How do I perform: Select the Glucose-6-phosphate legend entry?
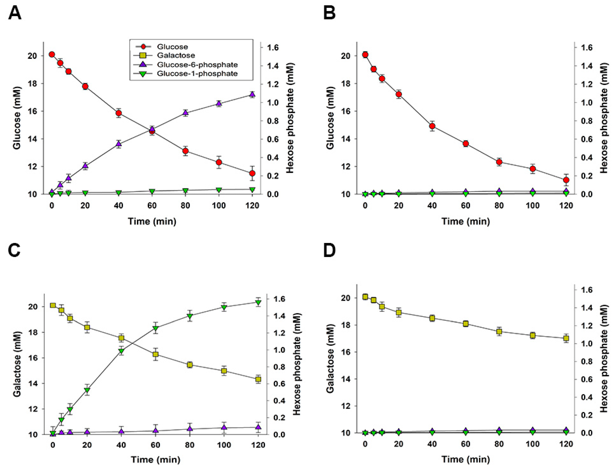tap(197, 65)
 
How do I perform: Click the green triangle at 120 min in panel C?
tap(258, 302)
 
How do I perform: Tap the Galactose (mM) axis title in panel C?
tap(17, 364)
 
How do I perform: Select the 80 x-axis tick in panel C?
tap(190, 445)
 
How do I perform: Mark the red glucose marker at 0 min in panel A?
tap(51, 54)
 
